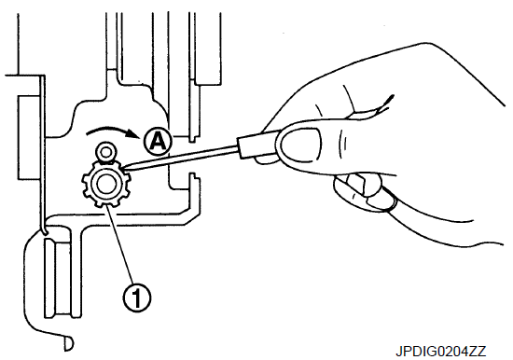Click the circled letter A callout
[x=157, y=141]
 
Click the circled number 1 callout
[x=137, y=298]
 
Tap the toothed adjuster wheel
[x=105, y=185]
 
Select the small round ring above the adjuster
[x=105, y=152]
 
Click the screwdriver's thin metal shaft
[x=181, y=158]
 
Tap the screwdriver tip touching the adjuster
[x=124, y=169]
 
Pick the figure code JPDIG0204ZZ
[x=440, y=352]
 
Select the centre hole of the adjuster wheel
[x=105, y=185]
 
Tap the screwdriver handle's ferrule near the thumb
[x=257, y=145]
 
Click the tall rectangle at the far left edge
[x=29, y=137]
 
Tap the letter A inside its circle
[x=157, y=142]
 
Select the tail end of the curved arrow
[x=87, y=133]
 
